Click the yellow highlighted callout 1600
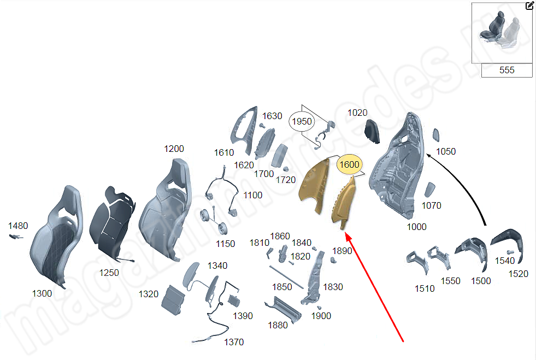point(349,164)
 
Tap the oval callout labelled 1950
point(302,121)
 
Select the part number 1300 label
point(42,293)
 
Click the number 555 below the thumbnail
point(506,70)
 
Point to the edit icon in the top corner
point(529,5)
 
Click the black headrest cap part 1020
point(372,131)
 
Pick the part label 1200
point(174,149)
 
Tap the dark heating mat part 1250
point(112,222)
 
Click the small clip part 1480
point(15,237)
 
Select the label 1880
point(278,325)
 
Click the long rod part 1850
point(286,278)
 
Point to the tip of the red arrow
point(346,233)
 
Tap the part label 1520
point(518,274)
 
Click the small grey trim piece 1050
point(436,135)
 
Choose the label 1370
point(234,342)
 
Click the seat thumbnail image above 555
point(502,33)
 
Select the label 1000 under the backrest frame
point(416,227)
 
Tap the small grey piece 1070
point(429,190)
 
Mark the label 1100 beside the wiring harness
point(252,195)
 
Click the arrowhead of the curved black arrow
point(429,156)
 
